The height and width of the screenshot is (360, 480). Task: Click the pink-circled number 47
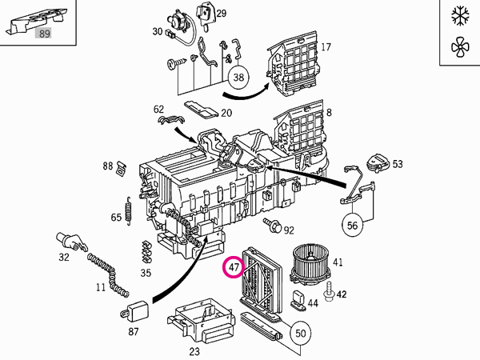tap(234, 266)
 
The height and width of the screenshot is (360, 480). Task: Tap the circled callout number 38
tap(238, 78)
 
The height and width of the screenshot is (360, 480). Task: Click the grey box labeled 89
tap(44, 33)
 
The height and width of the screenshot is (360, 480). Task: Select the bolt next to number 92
tap(274, 228)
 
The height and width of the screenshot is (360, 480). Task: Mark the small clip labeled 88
tap(122, 167)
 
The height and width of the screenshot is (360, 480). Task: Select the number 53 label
tap(398, 164)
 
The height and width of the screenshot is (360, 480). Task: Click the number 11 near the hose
tap(101, 286)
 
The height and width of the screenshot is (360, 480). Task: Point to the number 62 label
tap(158, 109)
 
